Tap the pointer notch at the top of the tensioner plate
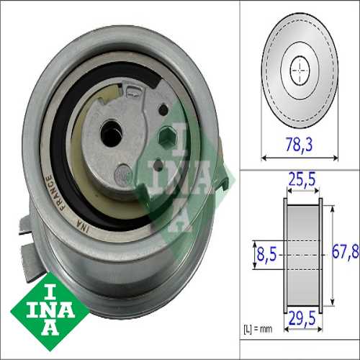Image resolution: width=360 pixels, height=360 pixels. tap(135, 91)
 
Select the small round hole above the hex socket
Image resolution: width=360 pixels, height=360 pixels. tap(163, 109)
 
